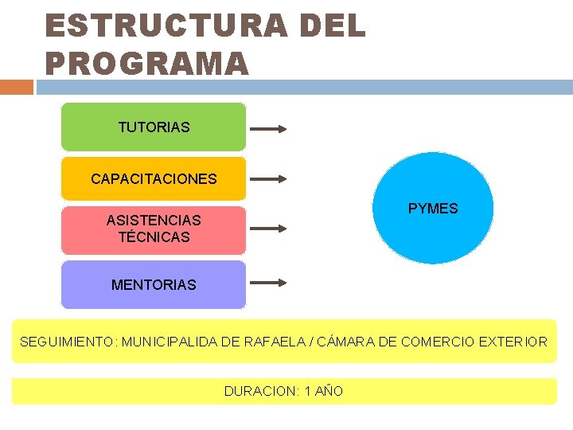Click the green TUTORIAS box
click(154, 127)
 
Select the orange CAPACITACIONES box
click(154, 178)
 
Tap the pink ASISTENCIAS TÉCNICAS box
click(154, 229)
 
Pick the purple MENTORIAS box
click(154, 284)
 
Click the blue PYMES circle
click(433, 208)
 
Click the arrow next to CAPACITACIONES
click(268, 179)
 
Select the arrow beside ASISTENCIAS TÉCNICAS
click(268, 229)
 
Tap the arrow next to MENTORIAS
click(268, 282)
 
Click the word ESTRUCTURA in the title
click(164, 25)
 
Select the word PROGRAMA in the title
click(147, 63)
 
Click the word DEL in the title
click(333, 25)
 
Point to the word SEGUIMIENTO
click(68, 342)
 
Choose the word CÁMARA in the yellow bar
click(348, 342)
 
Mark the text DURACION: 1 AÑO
click(283, 391)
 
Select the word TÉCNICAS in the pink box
click(154, 237)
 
